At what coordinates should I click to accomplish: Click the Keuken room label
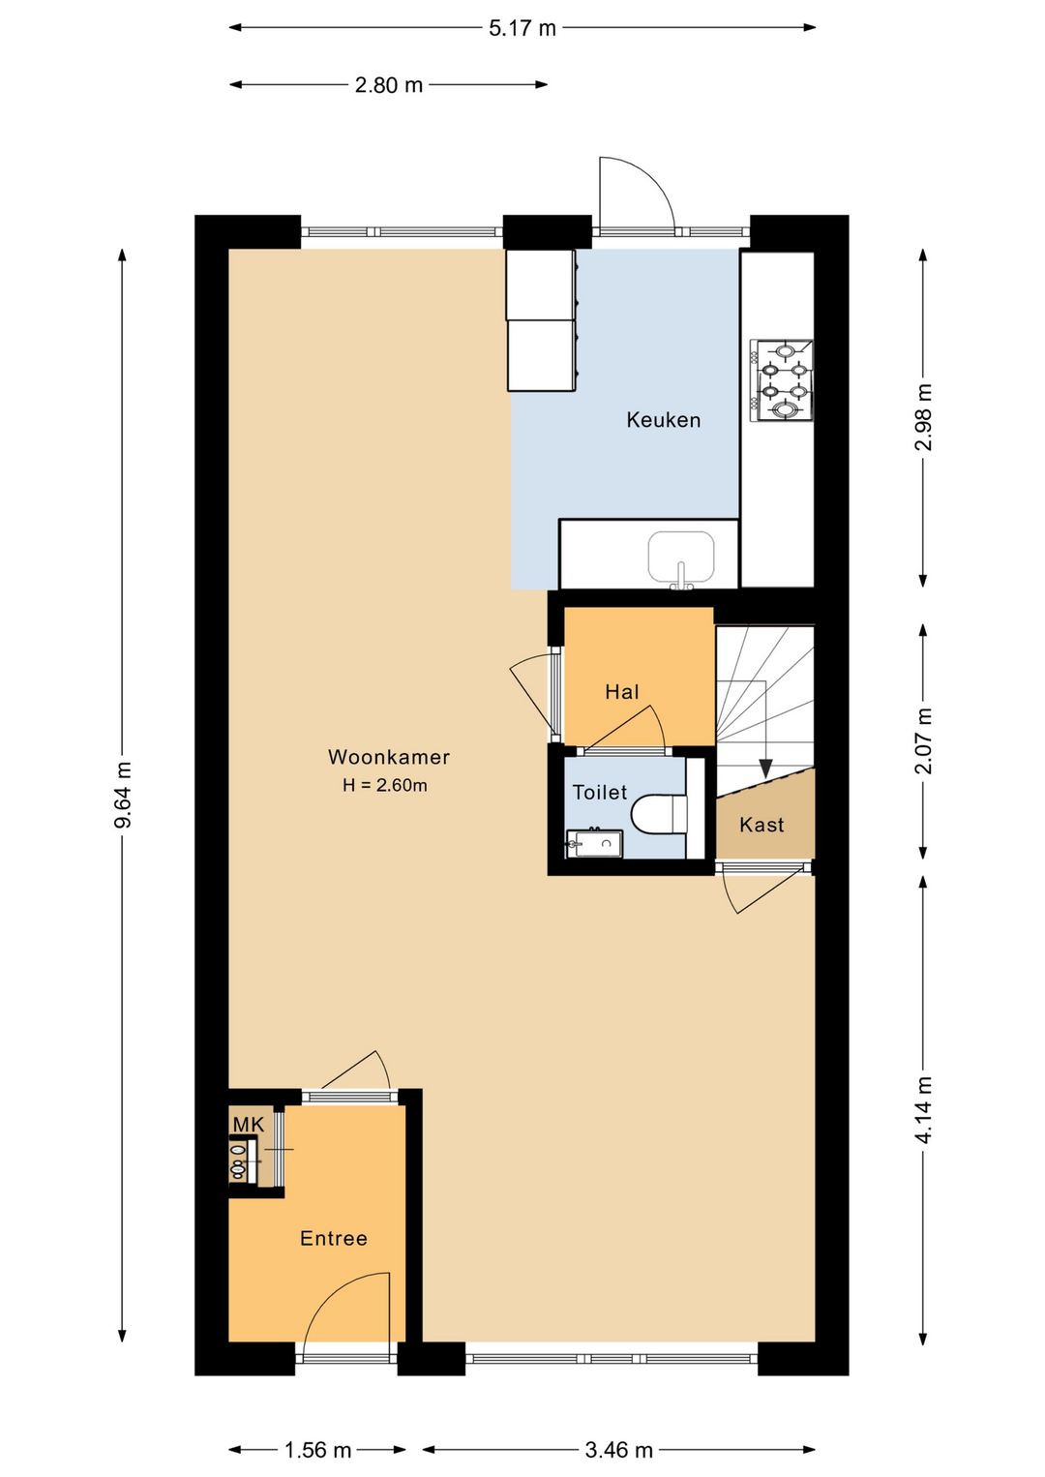pyautogui.click(x=663, y=420)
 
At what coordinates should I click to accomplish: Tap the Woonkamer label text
pyautogui.click(x=389, y=757)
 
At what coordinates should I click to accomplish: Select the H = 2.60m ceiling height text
pyautogui.click(x=385, y=785)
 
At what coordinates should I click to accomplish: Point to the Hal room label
pyautogui.click(x=622, y=692)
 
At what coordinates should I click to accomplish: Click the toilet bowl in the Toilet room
pyautogui.click(x=658, y=814)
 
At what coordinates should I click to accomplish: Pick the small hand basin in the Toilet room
pyautogui.click(x=594, y=843)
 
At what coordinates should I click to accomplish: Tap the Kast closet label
pyautogui.click(x=761, y=825)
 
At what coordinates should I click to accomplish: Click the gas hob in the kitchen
pyautogui.click(x=781, y=380)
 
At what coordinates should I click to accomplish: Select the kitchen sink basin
pyautogui.click(x=681, y=558)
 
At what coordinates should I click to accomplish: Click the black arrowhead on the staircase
pyautogui.click(x=765, y=769)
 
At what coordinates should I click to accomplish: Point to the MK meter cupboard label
pyautogui.click(x=249, y=1125)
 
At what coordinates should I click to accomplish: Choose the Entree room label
pyautogui.click(x=334, y=1238)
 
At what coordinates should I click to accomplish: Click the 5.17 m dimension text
pyautogui.click(x=522, y=28)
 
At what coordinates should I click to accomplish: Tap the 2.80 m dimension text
pyautogui.click(x=389, y=85)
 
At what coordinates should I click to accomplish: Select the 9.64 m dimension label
pyautogui.click(x=123, y=795)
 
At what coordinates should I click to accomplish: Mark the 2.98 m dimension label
pyautogui.click(x=924, y=417)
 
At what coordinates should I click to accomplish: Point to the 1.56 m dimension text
pyautogui.click(x=317, y=1450)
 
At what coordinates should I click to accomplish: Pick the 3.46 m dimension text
pyautogui.click(x=619, y=1450)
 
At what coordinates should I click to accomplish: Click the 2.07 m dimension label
pyautogui.click(x=924, y=740)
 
